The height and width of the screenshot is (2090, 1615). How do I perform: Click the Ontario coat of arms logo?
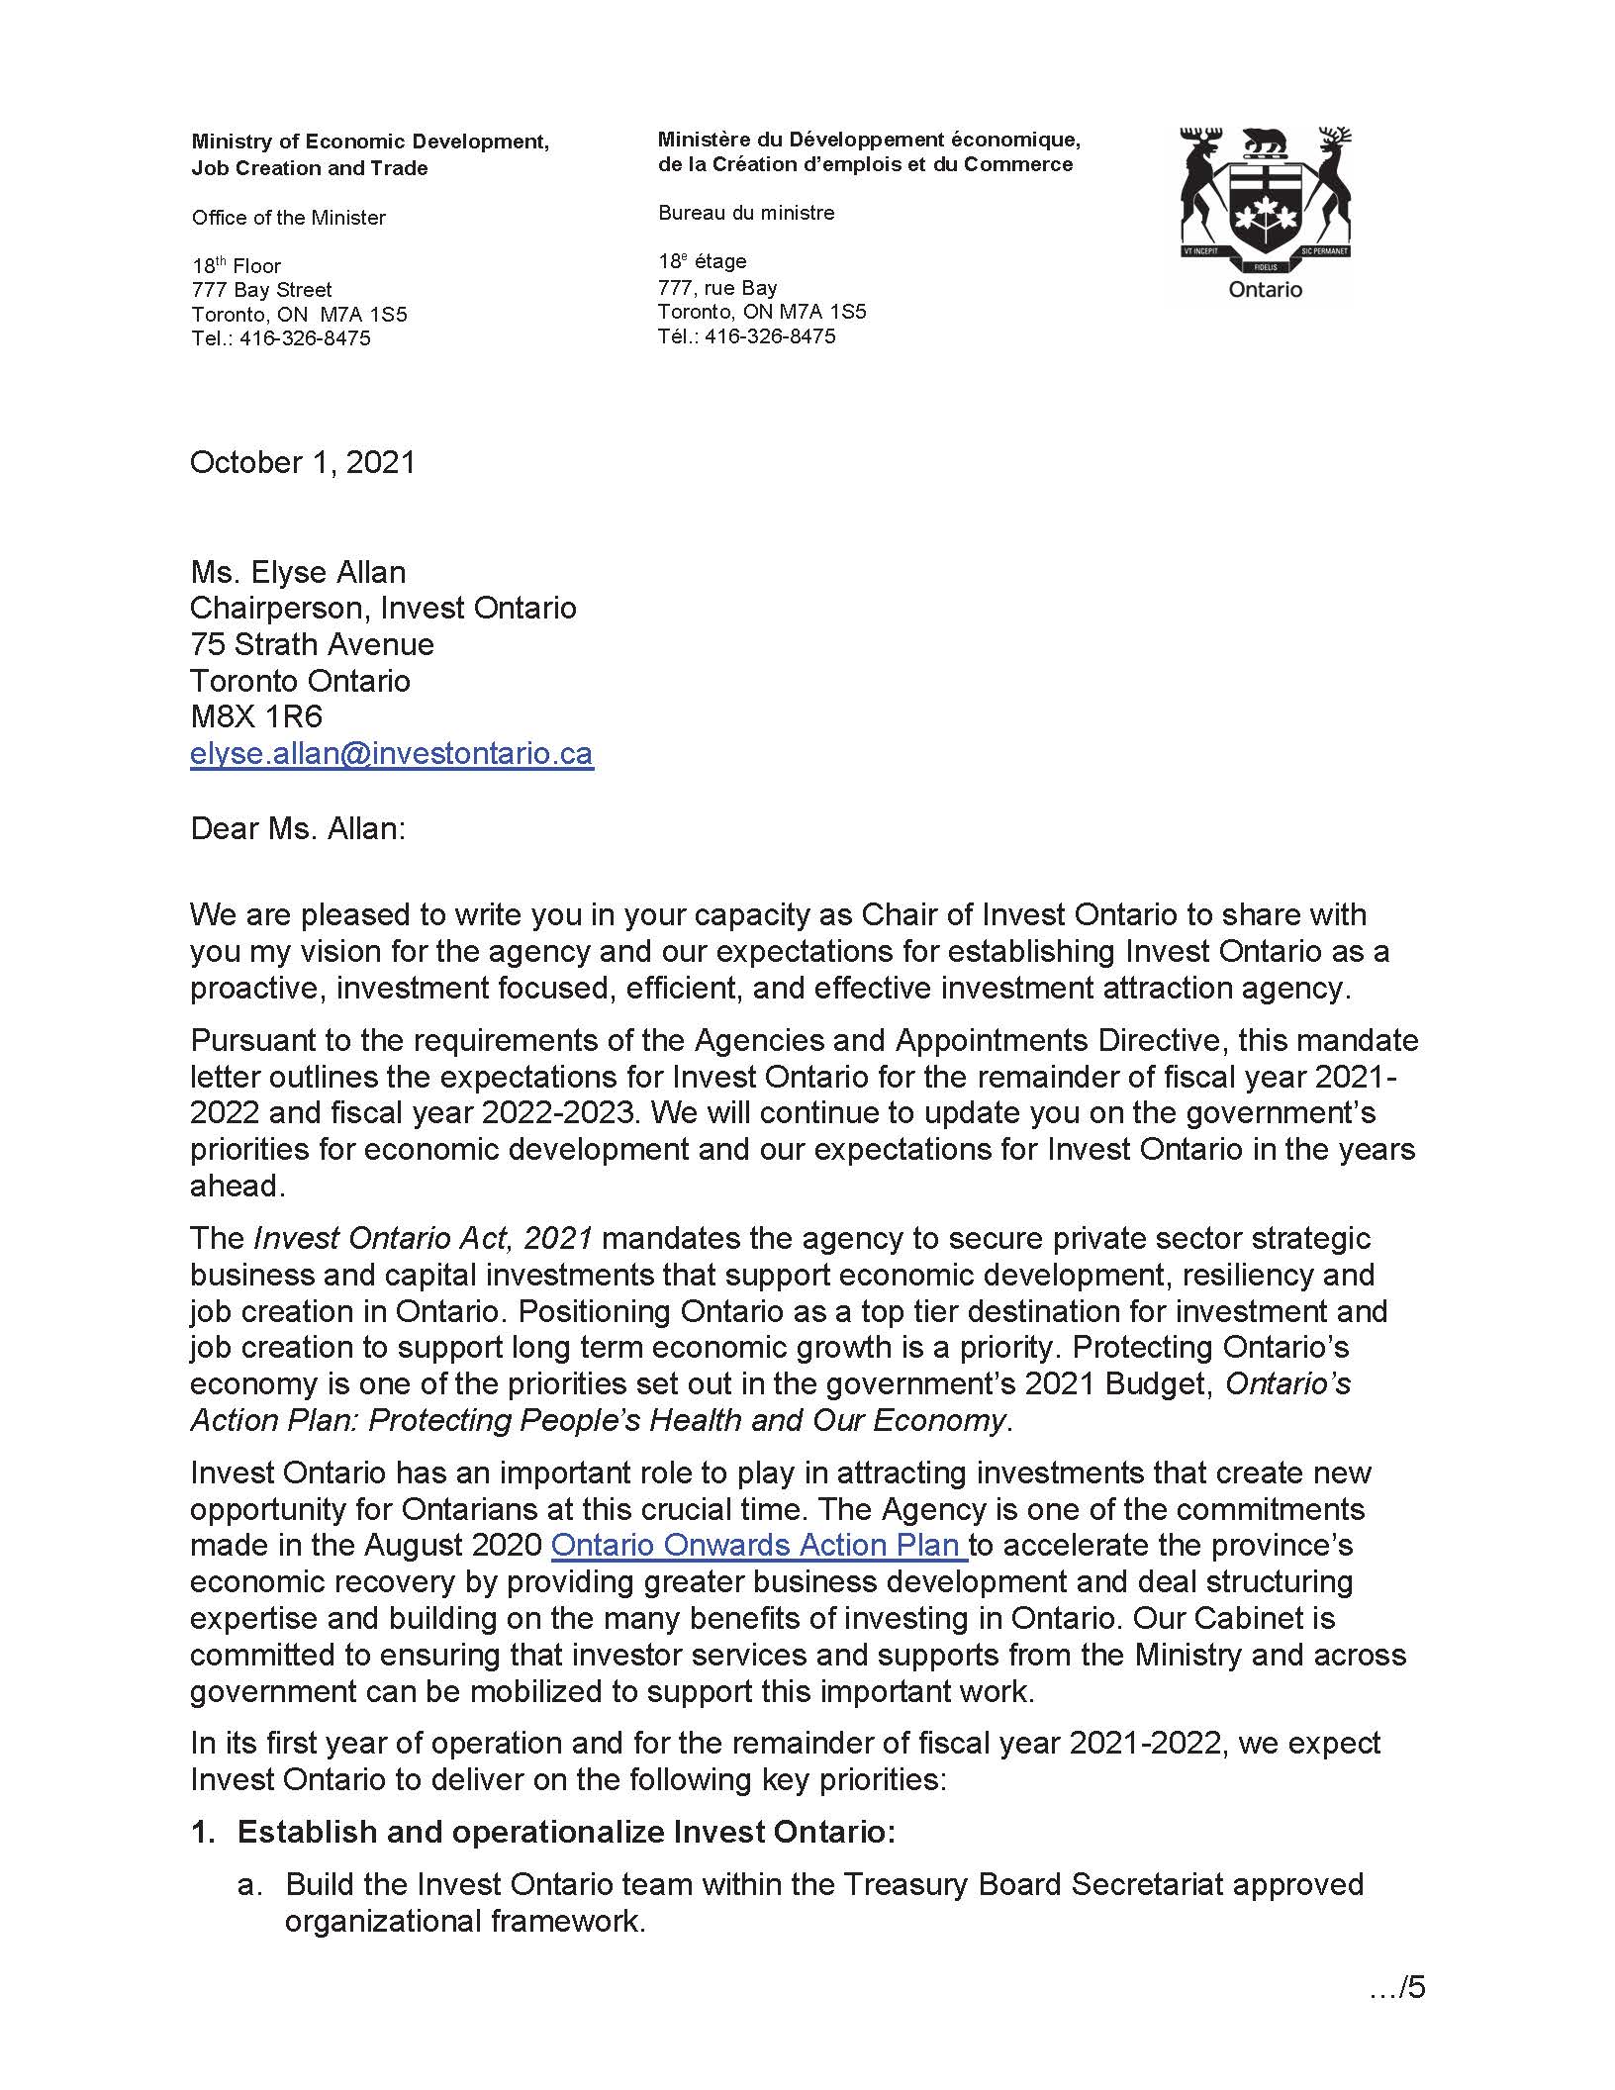coord(1265,198)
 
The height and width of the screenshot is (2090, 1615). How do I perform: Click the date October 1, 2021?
coord(303,462)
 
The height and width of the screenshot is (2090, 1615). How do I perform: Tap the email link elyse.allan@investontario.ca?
coord(391,753)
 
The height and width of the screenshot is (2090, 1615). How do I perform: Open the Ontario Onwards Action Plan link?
coord(757,1545)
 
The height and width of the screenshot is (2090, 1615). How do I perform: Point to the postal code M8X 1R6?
coord(256,716)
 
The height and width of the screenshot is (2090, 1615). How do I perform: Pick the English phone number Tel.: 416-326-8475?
coord(281,338)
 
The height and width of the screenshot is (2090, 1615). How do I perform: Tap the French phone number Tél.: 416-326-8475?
coord(746,336)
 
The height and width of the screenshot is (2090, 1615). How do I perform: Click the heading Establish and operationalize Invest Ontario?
coord(565,1832)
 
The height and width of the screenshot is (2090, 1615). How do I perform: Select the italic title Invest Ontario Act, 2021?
coord(424,1238)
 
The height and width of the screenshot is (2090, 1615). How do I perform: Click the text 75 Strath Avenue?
coord(312,644)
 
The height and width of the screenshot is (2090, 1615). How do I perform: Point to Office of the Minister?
coord(288,218)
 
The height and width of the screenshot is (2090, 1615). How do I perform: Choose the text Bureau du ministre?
coord(745,213)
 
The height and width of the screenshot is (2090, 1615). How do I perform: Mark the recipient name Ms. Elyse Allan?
coord(298,572)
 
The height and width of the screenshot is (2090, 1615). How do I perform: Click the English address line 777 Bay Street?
coord(261,290)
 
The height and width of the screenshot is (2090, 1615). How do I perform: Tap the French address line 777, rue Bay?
coord(716,288)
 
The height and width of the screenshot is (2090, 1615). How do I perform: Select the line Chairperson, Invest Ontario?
coord(383,608)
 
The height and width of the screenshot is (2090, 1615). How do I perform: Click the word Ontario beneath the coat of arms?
coord(1265,290)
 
